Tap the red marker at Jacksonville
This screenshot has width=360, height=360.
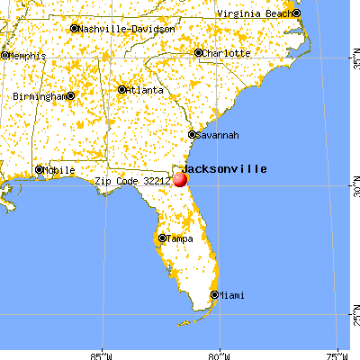pyautogui.click(x=180, y=179)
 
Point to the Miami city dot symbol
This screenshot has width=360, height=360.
pyautogui.click(x=214, y=294)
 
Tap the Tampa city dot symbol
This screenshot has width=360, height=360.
pyautogui.click(x=162, y=238)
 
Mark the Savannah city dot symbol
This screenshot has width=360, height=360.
pyautogui.click(x=192, y=135)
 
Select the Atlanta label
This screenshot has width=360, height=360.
pyautogui.click(x=146, y=90)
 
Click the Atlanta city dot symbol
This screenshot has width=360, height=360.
pyautogui.click(x=122, y=89)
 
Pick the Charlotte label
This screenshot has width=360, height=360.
pyautogui.click(x=225, y=53)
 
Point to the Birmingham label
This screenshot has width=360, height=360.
pyautogui.click(x=40, y=95)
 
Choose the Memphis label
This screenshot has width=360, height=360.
pyautogui.click(x=25, y=56)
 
